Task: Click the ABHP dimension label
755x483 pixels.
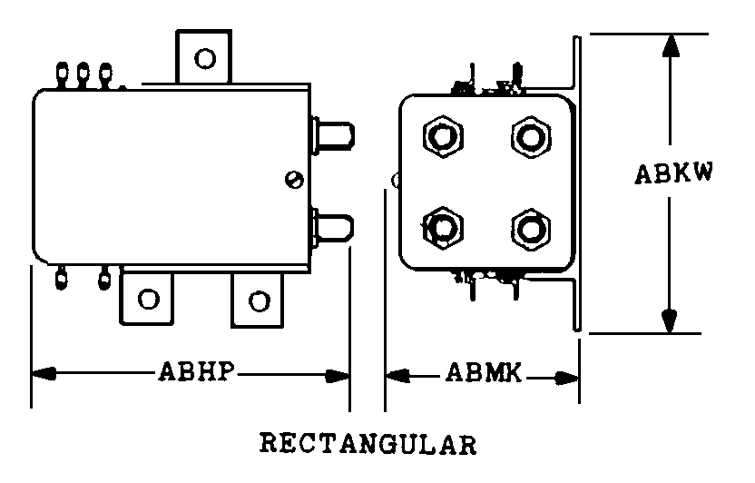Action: point(196,371)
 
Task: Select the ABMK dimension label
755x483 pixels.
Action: point(484,373)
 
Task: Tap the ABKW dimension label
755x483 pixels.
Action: point(673,173)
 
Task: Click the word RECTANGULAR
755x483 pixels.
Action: point(368,444)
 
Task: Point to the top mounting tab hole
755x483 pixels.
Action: point(205,59)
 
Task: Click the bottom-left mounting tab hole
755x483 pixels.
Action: point(148,299)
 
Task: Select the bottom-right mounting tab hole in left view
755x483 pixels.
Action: point(259,301)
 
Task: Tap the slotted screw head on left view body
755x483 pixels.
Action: point(294,180)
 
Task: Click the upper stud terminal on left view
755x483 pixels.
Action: point(333,135)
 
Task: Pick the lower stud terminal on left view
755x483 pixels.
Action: point(333,227)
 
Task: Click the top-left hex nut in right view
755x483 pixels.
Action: point(443,137)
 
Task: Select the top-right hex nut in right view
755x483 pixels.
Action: point(531,137)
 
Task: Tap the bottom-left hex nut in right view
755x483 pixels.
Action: point(443,228)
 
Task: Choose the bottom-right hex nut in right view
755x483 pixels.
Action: point(531,229)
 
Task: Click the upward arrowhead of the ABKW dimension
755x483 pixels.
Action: point(671,46)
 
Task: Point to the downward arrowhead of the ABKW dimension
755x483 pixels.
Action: point(670,320)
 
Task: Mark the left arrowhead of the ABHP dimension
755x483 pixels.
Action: point(44,373)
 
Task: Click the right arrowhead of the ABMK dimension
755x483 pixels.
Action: point(566,378)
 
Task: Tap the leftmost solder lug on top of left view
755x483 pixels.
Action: point(62,74)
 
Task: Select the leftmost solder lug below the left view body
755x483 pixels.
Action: point(61,279)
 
